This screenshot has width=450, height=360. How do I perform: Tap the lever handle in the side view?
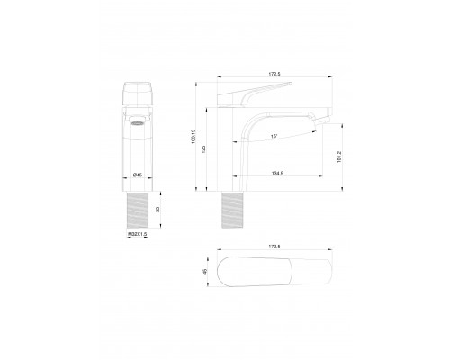(x=256, y=90)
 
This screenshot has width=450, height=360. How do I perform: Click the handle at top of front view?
(x=136, y=94)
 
